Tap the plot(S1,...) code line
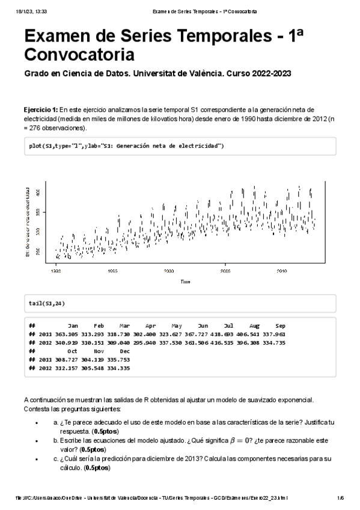pos(126,146)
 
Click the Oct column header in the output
pos(73,350)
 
